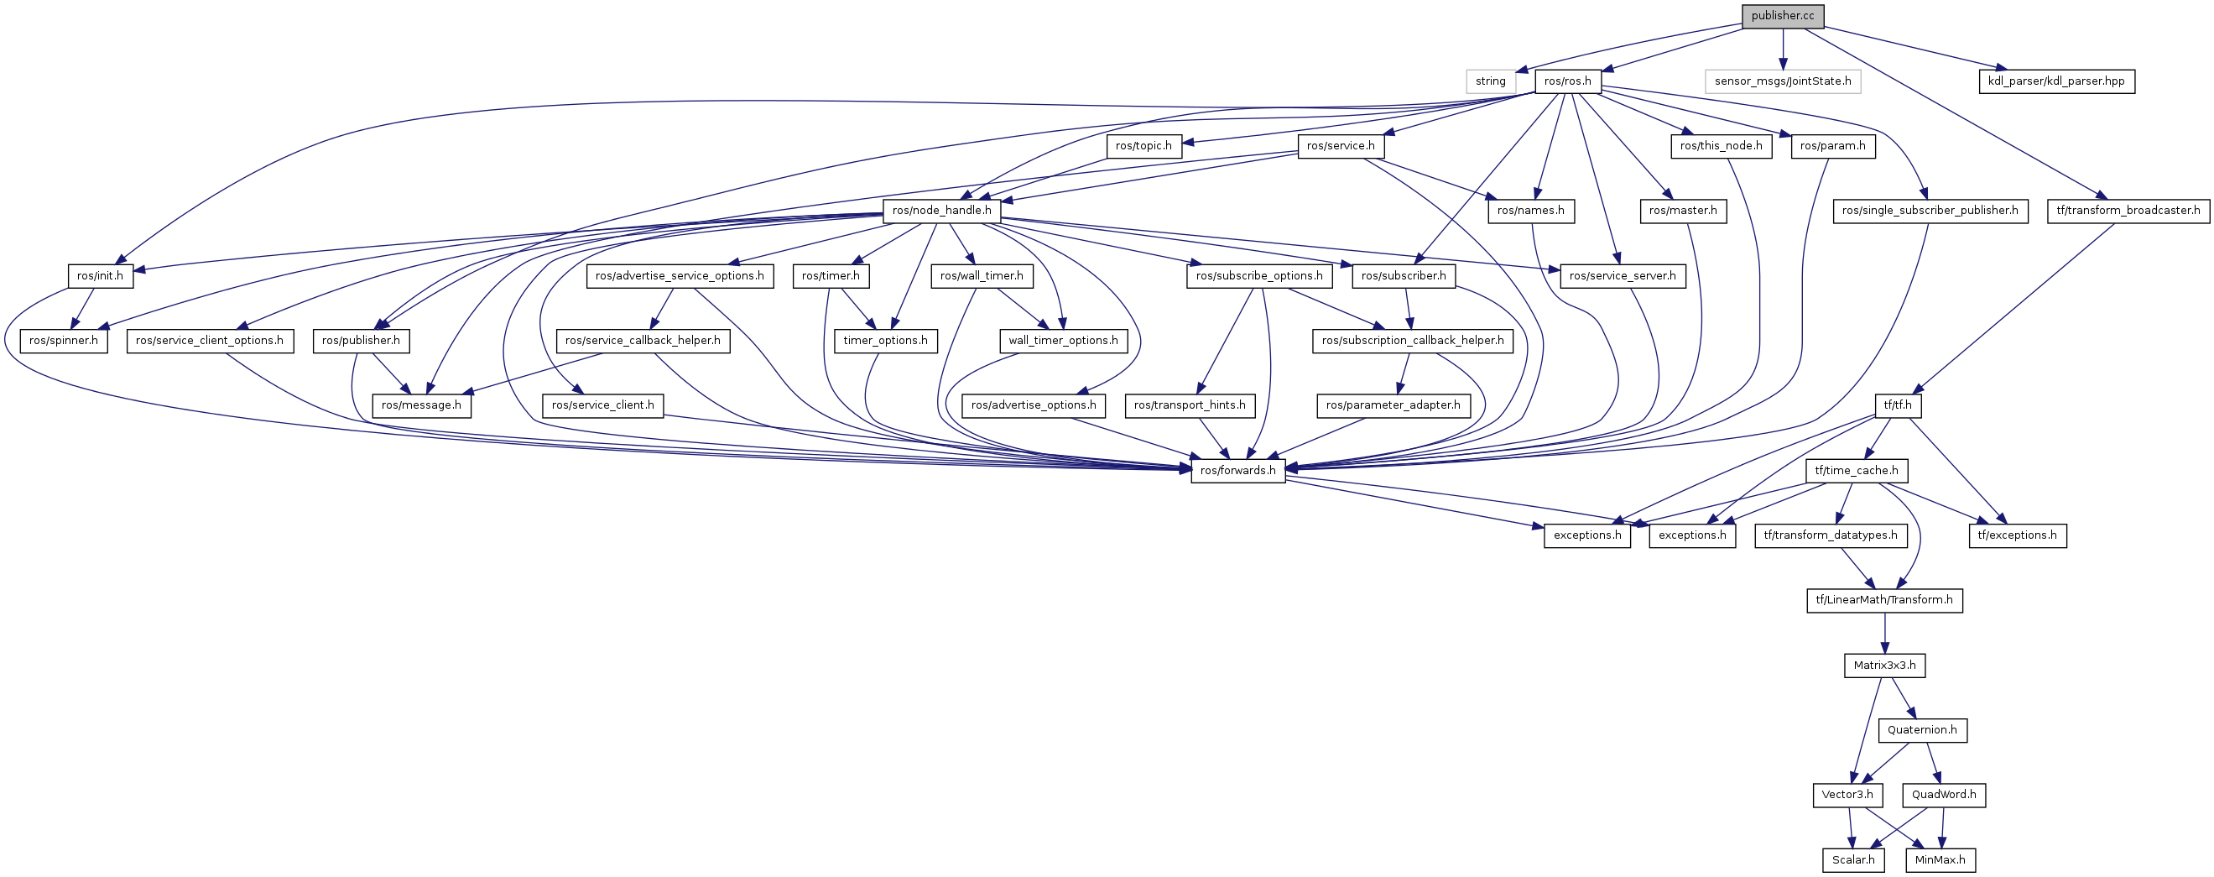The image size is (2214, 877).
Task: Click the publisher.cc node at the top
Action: coord(1782,16)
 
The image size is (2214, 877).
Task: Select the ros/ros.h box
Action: coord(1567,81)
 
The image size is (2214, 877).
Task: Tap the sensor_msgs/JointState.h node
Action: coord(1783,81)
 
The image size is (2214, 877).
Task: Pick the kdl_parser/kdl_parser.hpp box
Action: coord(2055,81)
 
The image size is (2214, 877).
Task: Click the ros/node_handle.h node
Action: coord(941,211)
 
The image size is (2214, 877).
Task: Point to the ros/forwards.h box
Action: coord(1237,470)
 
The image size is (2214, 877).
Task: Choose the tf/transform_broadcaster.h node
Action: coord(2128,211)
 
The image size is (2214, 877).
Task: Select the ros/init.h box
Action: coord(100,276)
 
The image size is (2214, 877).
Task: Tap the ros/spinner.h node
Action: coord(64,341)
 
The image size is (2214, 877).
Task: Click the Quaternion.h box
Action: coord(1922,730)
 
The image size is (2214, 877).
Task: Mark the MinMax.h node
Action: coord(1940,860)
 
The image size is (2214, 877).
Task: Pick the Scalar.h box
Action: coord(1853,860)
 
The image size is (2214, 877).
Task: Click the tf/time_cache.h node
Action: coord(1857,470)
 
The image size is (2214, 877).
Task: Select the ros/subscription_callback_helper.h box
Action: coord(1412,341)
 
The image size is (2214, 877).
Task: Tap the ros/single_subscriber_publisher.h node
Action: coord(1930,211)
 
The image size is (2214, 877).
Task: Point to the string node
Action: coord(1490,81)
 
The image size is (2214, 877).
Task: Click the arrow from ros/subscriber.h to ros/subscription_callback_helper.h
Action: coord(1407,308)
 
